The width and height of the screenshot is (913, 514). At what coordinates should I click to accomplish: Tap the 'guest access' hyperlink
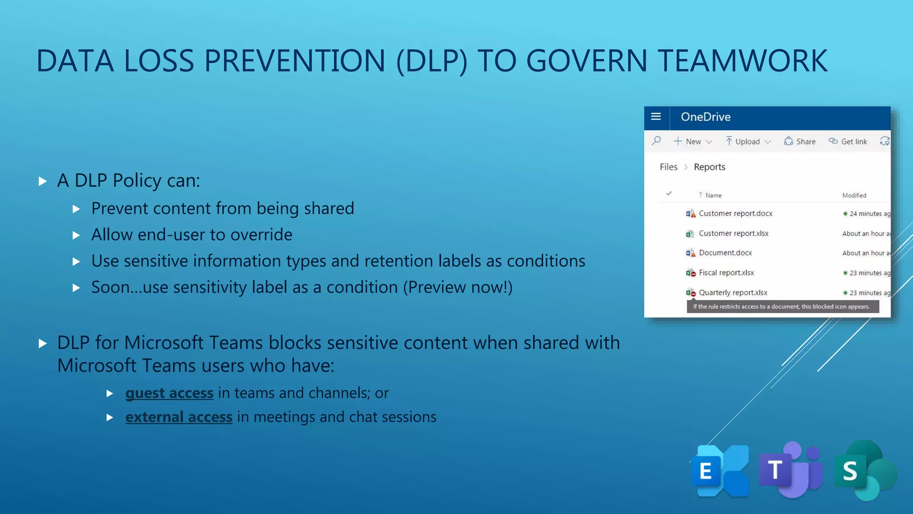point(169,393)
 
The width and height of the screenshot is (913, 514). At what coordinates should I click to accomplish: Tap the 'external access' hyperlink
point(179,417)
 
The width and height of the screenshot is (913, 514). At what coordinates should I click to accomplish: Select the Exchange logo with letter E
point(720,471)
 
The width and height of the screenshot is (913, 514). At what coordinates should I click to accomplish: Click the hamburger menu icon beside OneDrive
point(656,117)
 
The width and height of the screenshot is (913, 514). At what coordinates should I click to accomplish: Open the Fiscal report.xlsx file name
point(726,273)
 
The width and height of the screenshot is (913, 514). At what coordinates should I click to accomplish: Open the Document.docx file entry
point(725,253)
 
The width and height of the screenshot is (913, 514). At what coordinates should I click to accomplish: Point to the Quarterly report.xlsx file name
point(733,293)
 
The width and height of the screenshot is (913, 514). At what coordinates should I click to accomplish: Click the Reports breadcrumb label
point(709,167)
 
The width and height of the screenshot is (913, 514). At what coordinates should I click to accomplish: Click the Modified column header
point(854,195)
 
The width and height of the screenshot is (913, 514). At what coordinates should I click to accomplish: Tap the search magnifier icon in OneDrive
point(656,141)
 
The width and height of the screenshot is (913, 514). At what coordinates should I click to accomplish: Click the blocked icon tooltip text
point(781,307)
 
